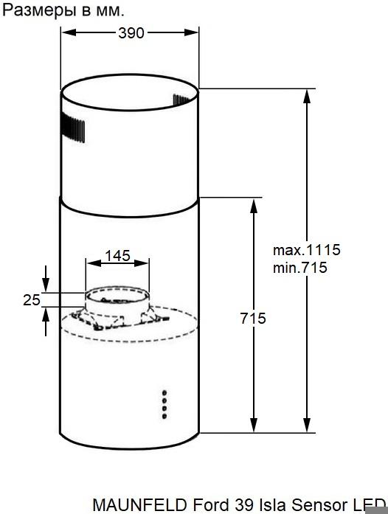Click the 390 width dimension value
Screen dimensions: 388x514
[131, 33]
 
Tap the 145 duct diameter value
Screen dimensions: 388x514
[118, 256]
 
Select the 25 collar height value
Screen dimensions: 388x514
[32, 300]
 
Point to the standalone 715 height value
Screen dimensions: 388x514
[253, 319]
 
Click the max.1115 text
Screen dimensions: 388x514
[307, 250]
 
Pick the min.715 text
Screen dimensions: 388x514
[300, 268]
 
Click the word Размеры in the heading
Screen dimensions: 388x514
[40, 10]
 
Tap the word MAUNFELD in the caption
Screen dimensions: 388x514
[140, 505]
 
